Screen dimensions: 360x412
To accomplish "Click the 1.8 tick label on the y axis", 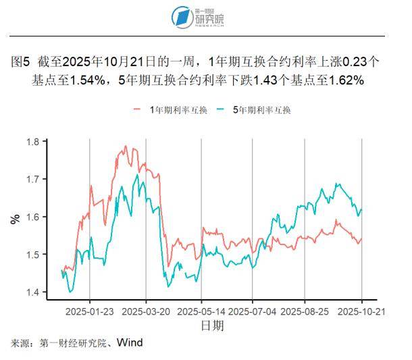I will click(x=32, y=142).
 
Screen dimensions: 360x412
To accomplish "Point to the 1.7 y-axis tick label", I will click(x=32, y=180).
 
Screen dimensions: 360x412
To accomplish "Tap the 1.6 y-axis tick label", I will click(x=32, y=217).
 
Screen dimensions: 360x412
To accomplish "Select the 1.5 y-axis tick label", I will click(x=32, y=255).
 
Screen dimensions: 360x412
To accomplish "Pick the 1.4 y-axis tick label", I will click(x=32, y=292).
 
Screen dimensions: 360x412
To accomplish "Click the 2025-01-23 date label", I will click(x=91, y=312).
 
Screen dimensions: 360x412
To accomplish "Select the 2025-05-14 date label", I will click(x=201, y=312).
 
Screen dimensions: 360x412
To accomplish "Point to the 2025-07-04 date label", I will click(x=253, y=312).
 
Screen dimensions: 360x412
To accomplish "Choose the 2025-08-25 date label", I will click(x=305, y=312).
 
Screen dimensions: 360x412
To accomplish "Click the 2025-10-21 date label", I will click(x=361, y=312).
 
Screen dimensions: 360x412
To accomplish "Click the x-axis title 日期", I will click(x=212, y=326).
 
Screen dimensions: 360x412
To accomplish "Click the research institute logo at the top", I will click(x=199, y=16).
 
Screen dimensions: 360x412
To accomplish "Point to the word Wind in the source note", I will click(x=129, y=342).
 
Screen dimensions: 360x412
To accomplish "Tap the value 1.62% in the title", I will click(x=348, y=80).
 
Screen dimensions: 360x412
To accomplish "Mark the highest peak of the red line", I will click(x=126, y=146).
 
